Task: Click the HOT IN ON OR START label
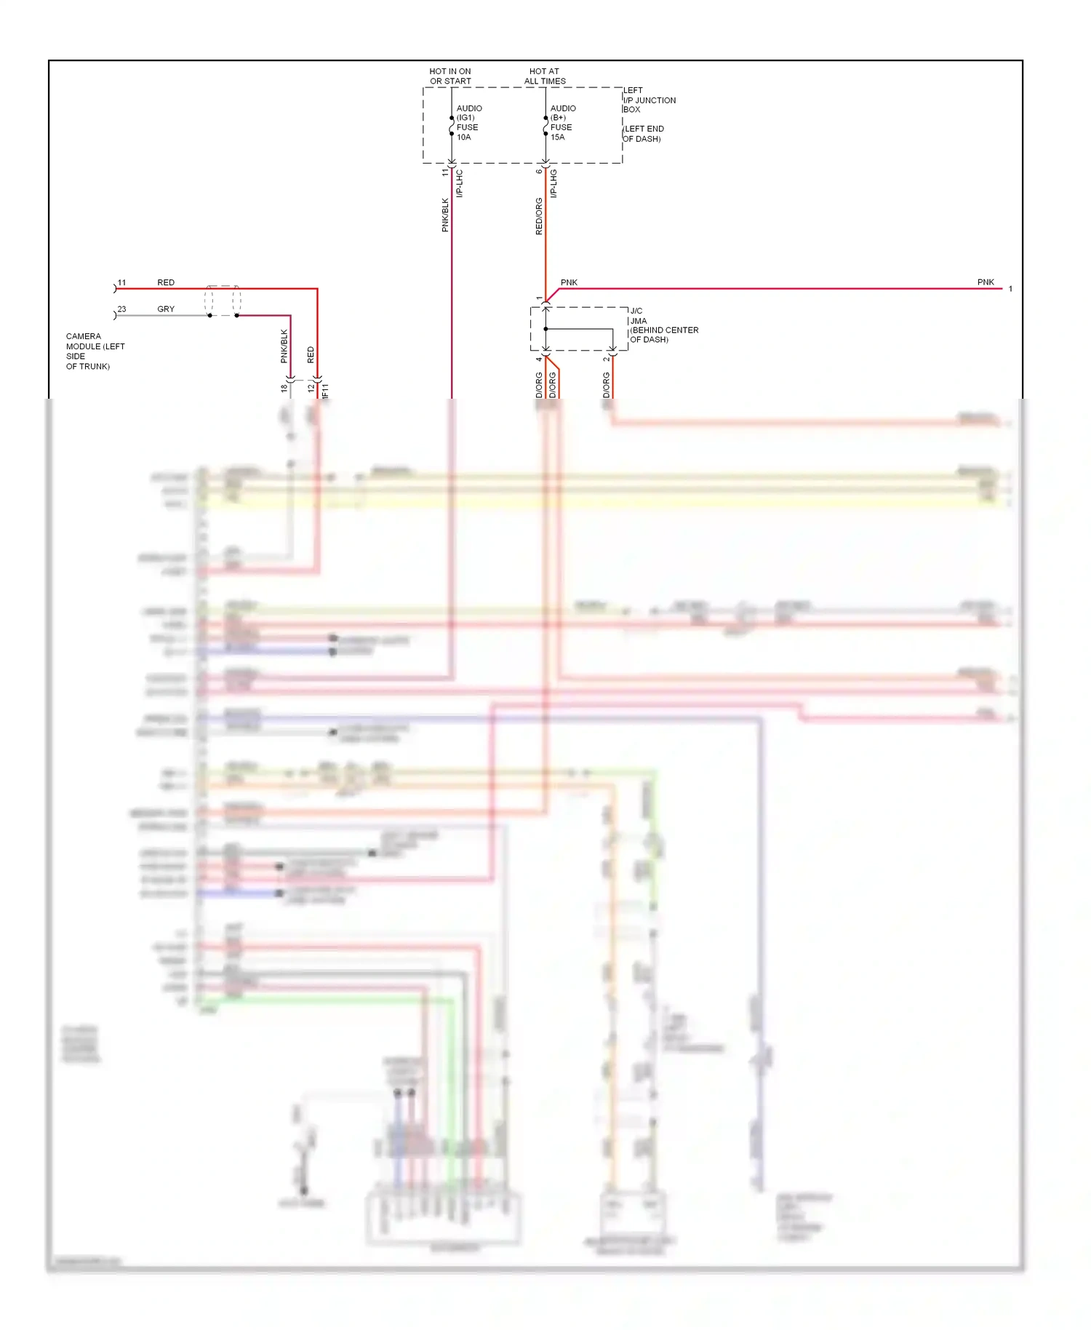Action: click(x=450, y=76)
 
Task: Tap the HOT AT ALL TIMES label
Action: click(x=545, y=76)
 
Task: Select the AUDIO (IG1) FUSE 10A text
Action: click(x=468, y=122)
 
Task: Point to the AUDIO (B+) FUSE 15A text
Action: click(x=562, y=122)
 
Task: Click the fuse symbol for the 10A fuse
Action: click(x=452, y=126)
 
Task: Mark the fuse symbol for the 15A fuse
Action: click(x=545, y=126)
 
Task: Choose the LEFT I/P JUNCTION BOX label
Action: click(x=649, y=100)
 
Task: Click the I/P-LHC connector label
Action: click(x=460, y=183)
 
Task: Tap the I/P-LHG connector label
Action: click(x=554, y=183)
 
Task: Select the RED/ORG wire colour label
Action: click(x=539, y=216)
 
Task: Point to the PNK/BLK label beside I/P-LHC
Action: click(x=445, y=215)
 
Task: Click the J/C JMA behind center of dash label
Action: click(x=663, y=325)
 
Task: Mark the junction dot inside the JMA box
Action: click(x=545, y=329)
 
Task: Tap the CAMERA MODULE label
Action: click(x=95, y=351)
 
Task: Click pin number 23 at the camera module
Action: click(x=121, y=309)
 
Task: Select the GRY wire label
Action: click(x=166, y=309)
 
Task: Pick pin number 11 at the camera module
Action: click(x=121, y=282)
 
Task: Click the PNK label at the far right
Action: click(x=986, y=282)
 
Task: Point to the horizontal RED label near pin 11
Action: click(x=166, y=282)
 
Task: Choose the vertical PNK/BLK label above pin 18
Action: click(x=284, y=346)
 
